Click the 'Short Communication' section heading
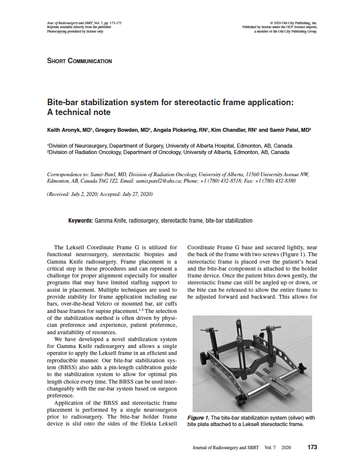(x=79, y=61)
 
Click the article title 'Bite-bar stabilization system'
(x=170, y=103)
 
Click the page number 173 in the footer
(x=312, y=447)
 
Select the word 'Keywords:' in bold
(x=80, y=221)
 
